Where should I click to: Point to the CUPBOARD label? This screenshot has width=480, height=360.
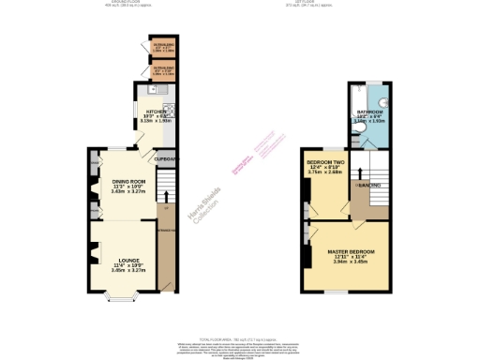167,159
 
